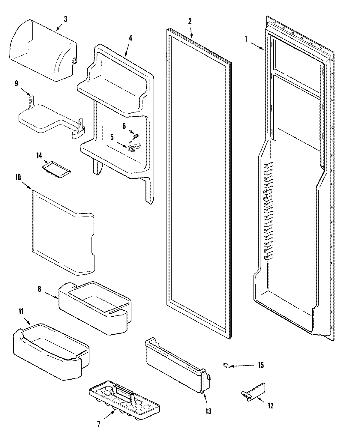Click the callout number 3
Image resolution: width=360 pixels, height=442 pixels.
(x=65, y=19)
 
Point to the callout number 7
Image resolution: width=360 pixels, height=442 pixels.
(x=99, y=424)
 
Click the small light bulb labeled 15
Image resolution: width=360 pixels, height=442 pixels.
(x=227, y=365)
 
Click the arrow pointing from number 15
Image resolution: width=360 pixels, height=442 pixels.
(x=243, y=366)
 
